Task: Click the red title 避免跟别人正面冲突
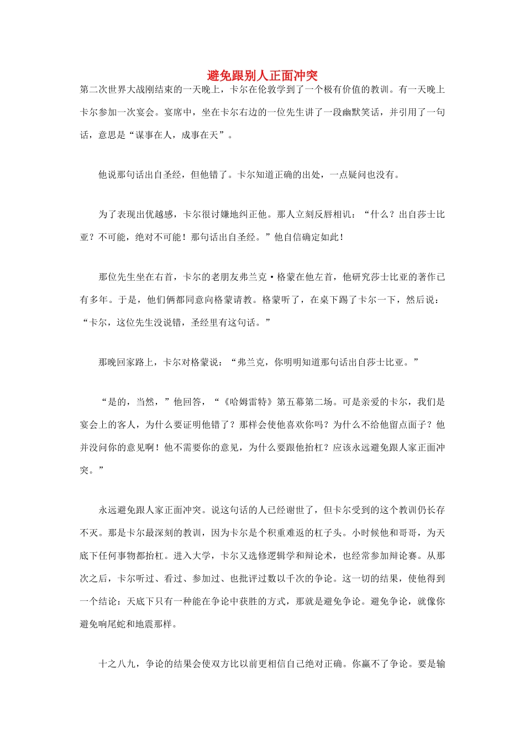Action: click(262, 76)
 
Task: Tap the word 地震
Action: click(154, 624)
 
